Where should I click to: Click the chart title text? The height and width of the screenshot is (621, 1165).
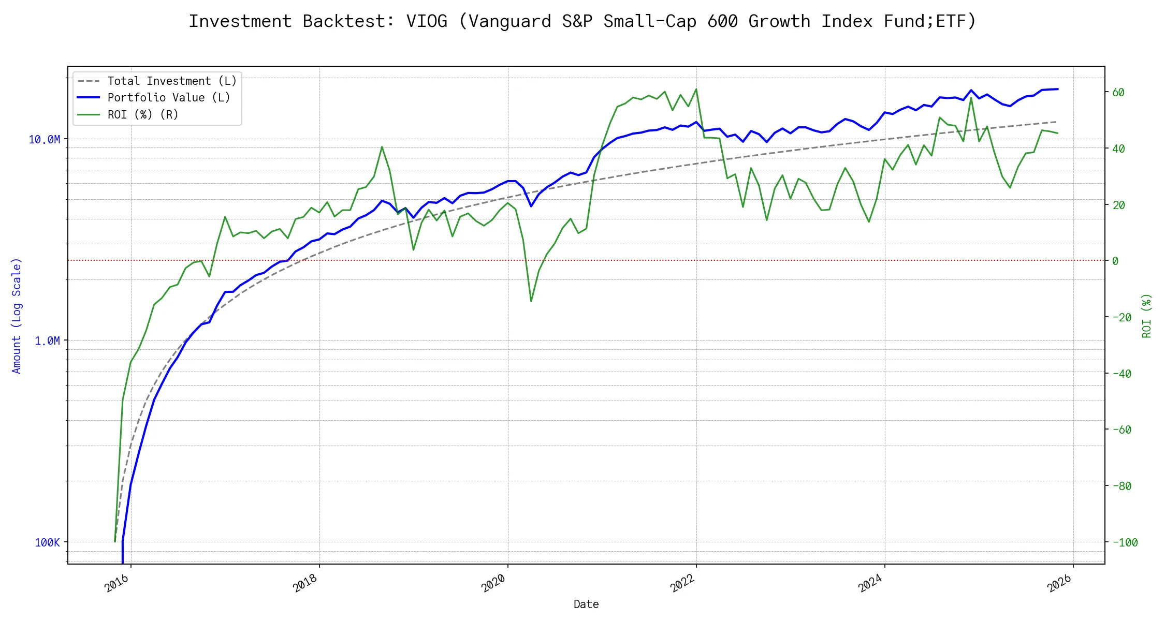[582, 21]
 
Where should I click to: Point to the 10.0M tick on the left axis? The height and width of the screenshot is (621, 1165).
[44, 139]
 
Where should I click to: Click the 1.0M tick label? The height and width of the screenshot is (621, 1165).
[47, 341]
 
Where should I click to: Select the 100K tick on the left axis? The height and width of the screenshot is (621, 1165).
[47, 542]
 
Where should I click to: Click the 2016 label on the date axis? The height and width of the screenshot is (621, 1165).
[117, 583]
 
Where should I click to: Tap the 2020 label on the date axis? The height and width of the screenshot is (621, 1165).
[493, 583]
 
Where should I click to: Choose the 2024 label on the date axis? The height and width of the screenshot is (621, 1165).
[870, 583]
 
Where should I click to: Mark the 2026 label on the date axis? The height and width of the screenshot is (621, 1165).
[1059, 583]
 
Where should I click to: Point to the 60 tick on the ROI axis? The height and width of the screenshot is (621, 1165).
[1118, 92]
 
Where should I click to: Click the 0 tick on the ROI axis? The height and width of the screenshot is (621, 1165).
[1115, 261]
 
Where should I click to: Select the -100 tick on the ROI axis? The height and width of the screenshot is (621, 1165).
[1125, 542]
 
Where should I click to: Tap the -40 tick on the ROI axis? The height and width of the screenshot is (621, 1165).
[1122, 374]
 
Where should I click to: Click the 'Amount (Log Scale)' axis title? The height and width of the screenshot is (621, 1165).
[17, 316]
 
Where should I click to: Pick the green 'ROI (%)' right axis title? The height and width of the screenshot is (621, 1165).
[1147, 316]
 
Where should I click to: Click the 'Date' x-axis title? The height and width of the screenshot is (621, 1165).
[586, 604]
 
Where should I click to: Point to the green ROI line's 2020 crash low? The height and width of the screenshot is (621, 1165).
[531, 301]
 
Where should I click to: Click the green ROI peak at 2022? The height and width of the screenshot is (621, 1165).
[696, 89]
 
